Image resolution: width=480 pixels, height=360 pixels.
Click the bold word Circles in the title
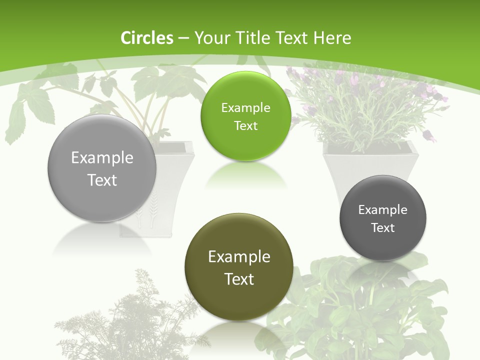pyautogui.click(x=147, y=38)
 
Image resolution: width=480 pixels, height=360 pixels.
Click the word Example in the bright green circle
pyautogui.click(x=245, y=108)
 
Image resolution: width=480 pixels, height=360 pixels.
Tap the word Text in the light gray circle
pyautogui.click(x=102, y=180)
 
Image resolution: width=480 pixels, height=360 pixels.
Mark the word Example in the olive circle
pyautogui.click(x=239, y=257)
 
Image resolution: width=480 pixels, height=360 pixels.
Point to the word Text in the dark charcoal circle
pyautogui.click(x=383, y=228)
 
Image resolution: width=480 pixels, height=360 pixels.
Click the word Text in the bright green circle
pyautogui.click(x=245, y=126)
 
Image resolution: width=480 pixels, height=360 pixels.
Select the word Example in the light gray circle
pyautogui.click(x=102, y=158)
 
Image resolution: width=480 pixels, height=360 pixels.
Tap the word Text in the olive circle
pyautogui.click(x=239, y=279)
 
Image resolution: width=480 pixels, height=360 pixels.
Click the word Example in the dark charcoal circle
pyautogui.click(x=383, y=210)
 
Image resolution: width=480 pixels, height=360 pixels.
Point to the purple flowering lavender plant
pyautogui.click(x=365, y=105)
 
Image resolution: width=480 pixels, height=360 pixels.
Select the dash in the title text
pyautogui.click(x=183, y=38)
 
